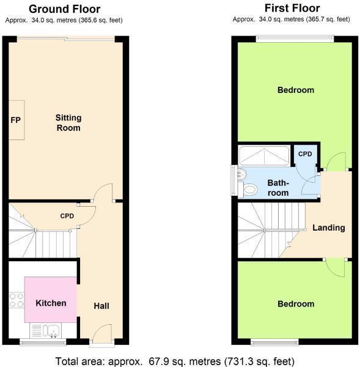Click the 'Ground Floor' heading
coord(65,9)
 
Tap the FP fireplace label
coord(15,119)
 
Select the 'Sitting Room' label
coord(68,122)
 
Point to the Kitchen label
coord(51,303)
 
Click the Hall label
coord(101,305)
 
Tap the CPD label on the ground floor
coord(67,216)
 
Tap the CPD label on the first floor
coord(305,154)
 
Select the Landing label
coord(329,228)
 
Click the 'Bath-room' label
coord(277,187)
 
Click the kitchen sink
coord(49,331)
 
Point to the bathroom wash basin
coord(241,174)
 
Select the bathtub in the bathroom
coord(265,156)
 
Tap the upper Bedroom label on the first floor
coord(295,90)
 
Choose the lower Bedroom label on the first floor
coord(295,304)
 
